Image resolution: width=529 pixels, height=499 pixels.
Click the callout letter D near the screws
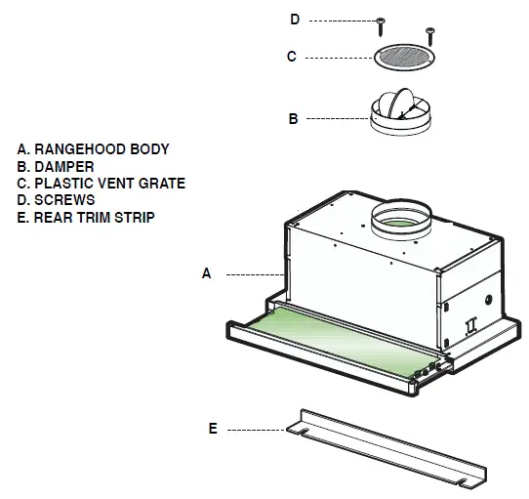pyautogui.click(x=295, y=20)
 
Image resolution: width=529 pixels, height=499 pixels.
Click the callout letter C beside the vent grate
pyautogui.click(x=291, y=57)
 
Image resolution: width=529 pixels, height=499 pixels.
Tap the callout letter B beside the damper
pyautogui.click(x=292, y=119)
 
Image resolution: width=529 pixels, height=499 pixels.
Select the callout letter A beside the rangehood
pyautogui.click(x=206, y=274)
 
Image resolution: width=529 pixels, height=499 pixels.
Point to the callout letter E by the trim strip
pyautogui.click(x=213, y=428)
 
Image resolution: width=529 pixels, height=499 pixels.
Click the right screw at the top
pyautogui.click(x=428, y=35)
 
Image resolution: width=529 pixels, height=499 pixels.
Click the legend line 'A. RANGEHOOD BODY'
pyautogui.click(x=93, y=149)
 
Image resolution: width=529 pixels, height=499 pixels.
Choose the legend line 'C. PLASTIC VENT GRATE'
pyautogui.click(x=101, y=183)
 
